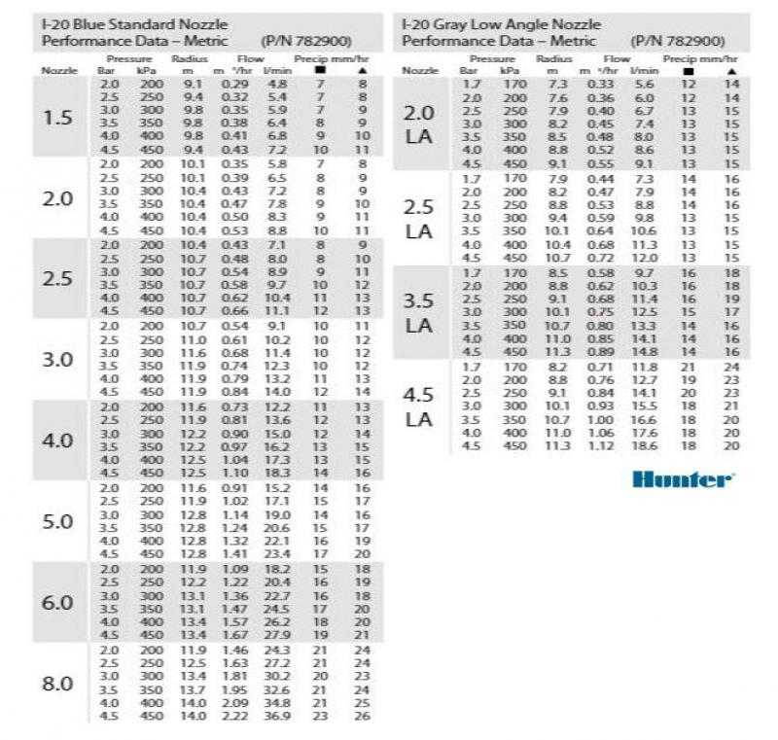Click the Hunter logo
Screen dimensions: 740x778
[x=683, y=478]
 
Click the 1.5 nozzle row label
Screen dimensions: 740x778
[x=57, y=119]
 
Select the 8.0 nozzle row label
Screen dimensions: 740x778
[x=57, y=683]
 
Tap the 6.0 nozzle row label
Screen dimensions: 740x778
[x=57, y=602]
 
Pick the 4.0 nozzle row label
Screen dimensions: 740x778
[x=57, y=440]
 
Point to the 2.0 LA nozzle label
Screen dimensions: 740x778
[x=418, y=124]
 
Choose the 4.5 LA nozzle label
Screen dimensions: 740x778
[x=418, y=406]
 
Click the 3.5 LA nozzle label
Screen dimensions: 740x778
[x=418, y=313]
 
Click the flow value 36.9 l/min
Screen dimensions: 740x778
[x=278, y=717]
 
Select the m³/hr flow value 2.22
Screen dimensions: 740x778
[x=234, y=717]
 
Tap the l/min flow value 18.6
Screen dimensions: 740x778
[x=644, y=445]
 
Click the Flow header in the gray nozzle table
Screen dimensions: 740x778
[x=617, y=58]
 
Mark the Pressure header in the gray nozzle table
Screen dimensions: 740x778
[x=486, y=58]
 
